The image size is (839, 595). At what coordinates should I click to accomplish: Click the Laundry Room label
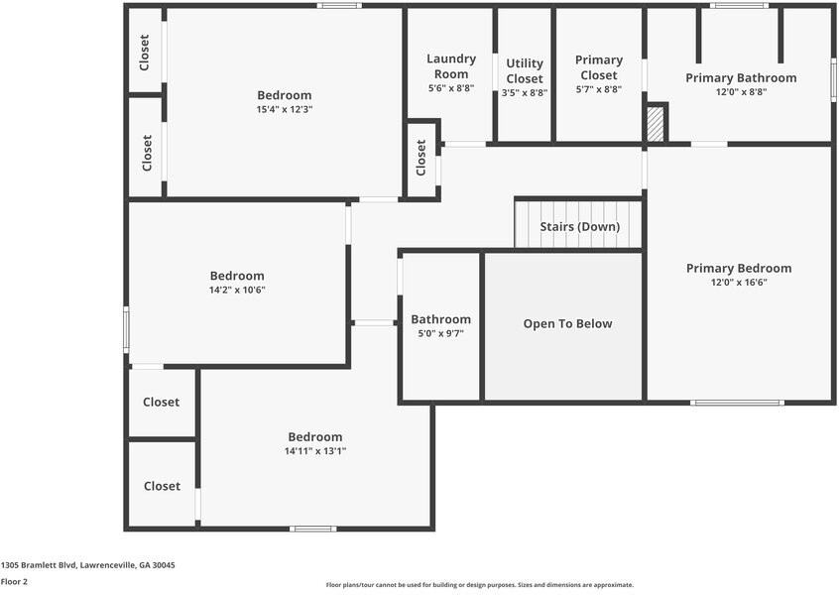point(451,66)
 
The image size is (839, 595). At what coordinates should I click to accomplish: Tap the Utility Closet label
point(525,71)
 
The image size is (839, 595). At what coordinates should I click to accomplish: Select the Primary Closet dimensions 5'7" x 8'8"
point(599,90)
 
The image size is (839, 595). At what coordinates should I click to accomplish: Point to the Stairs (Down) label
point(579,227)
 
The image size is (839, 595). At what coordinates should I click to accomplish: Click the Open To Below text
point(567,324)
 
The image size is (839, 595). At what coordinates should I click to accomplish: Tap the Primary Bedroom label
point(739,269)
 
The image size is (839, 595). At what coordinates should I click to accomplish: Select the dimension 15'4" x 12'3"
point(285,110)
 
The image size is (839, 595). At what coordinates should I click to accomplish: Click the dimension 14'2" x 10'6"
point(237,291)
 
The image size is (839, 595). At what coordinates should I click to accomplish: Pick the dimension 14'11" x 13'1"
point(315,451)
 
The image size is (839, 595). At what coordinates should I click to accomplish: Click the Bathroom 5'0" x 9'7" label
point(440,326)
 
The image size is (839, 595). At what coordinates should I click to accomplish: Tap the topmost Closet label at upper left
point(145,53)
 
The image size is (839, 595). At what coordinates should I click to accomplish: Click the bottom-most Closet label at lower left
point(162,486)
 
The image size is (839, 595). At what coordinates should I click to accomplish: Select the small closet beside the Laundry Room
point(421,159)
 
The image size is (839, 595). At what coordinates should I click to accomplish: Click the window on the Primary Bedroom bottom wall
point(737,403)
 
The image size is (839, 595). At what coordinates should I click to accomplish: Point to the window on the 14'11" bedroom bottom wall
point(312,529)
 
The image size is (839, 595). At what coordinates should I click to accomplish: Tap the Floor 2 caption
point(14,582)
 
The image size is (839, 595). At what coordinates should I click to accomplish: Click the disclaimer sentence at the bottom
point(479,585)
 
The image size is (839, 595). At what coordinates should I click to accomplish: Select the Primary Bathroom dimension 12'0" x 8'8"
point(741,92)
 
